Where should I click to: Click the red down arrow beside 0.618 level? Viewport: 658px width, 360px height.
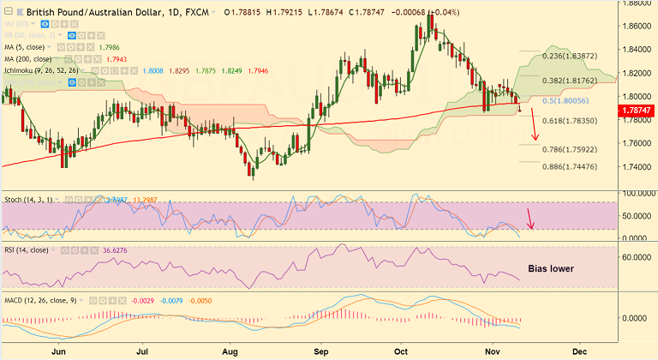[x=535, y=127]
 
